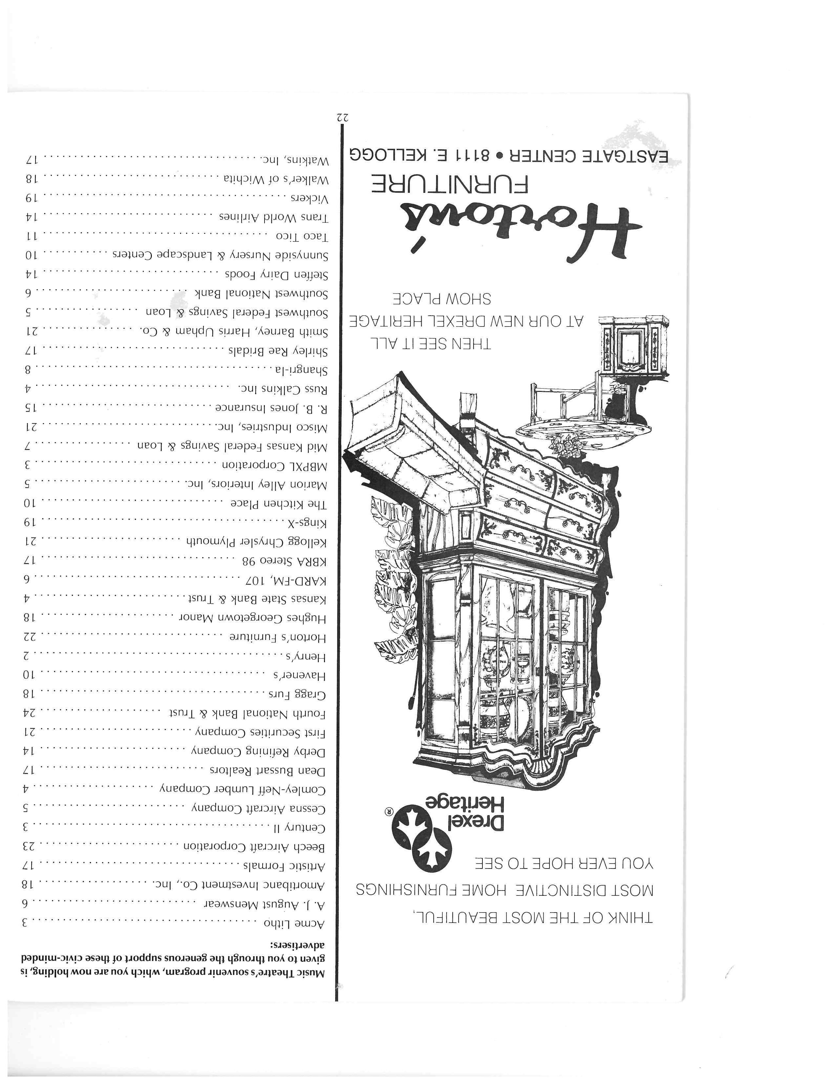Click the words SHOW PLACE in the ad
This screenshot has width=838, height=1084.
click(x=441, y=299)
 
